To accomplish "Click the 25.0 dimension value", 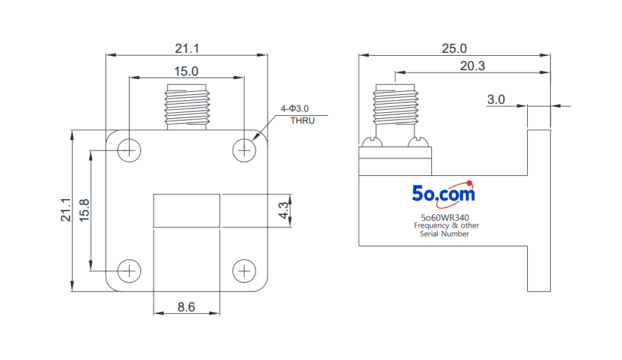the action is coord(454,49).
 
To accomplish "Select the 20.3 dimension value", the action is coord(473,66).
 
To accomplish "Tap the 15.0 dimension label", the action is coord(186,71).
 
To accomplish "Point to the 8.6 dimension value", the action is coord(186,307).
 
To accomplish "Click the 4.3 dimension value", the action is coord(284,210).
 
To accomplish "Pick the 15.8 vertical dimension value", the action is coord(84,211).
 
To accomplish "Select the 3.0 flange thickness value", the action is coord(496,99).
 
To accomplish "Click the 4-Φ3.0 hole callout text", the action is coord(295,109).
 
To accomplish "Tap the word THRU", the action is coord(302,121).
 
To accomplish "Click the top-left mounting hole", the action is coord(130,151).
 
